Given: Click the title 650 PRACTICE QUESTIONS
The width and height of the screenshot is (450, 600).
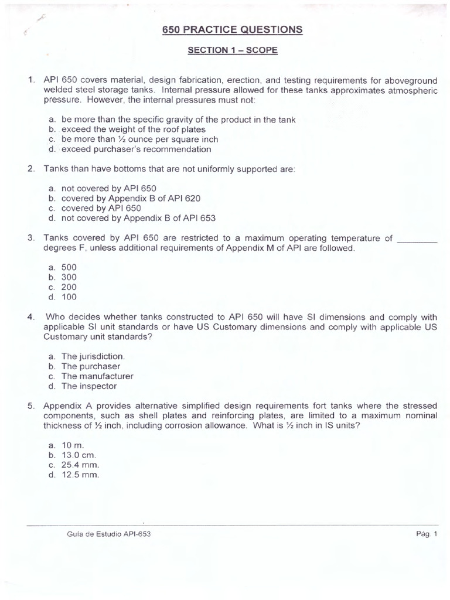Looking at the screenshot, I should (233, 29).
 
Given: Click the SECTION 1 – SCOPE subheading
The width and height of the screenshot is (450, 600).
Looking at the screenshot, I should (233, 50).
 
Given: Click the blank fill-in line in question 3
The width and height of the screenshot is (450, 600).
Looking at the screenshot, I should (417, 239).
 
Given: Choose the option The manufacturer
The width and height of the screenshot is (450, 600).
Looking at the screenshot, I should (97, 376).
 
